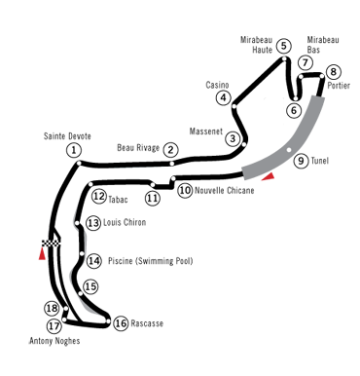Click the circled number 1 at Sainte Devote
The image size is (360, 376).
coord(74,150)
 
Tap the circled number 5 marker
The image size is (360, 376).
coord(284,46)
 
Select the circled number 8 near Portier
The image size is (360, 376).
coord(333,72)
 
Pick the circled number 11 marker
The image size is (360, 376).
coord(153,198)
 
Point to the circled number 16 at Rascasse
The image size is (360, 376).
coord(121,323)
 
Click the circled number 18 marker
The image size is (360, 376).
coord(52,308)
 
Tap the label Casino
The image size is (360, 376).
coord(217,85)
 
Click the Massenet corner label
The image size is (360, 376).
coord(206,132)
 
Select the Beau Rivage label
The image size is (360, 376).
coord(138,148)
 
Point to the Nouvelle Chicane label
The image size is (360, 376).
coord(225,190)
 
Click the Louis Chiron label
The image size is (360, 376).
coord(125,222)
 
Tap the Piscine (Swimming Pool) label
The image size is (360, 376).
coord(151,261)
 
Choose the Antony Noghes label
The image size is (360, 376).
coord(54,341)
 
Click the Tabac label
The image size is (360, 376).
coord(118,200)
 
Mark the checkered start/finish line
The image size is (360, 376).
coord(52,243)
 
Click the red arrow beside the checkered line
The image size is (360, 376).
coord(42,254)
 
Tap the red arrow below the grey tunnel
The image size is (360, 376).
coord(269,176)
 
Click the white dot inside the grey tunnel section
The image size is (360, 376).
coord(289,150)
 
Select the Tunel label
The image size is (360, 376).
coord(319,161)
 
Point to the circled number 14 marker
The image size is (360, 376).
coord(93,261)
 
